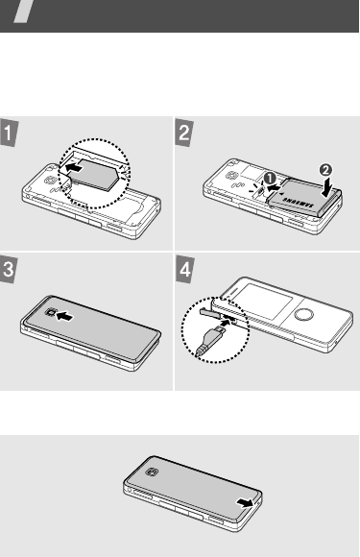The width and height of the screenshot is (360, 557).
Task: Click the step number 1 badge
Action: click(x=8, y=133)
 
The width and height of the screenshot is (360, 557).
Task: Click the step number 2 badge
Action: click(x=184, y=133)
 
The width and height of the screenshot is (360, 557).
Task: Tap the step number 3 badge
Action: click(x=8, y=270)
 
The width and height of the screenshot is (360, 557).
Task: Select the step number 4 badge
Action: click(x=184, y=270)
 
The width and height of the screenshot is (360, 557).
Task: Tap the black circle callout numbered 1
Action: click(x=270, y=178)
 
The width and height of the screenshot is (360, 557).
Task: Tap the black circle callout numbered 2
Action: click(x=325, y=170)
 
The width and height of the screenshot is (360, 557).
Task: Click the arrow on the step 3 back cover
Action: click(x=65, y=316)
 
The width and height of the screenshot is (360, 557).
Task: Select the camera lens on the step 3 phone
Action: click(x=51, y=313)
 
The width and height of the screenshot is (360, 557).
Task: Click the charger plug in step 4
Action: click(x=211, y=340)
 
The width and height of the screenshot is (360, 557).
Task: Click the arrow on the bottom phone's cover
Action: click(x=245, y=502)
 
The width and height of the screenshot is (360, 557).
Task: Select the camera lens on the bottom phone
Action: click(x=152, y=472)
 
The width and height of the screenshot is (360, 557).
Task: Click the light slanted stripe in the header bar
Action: click(x=24, y=12)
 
